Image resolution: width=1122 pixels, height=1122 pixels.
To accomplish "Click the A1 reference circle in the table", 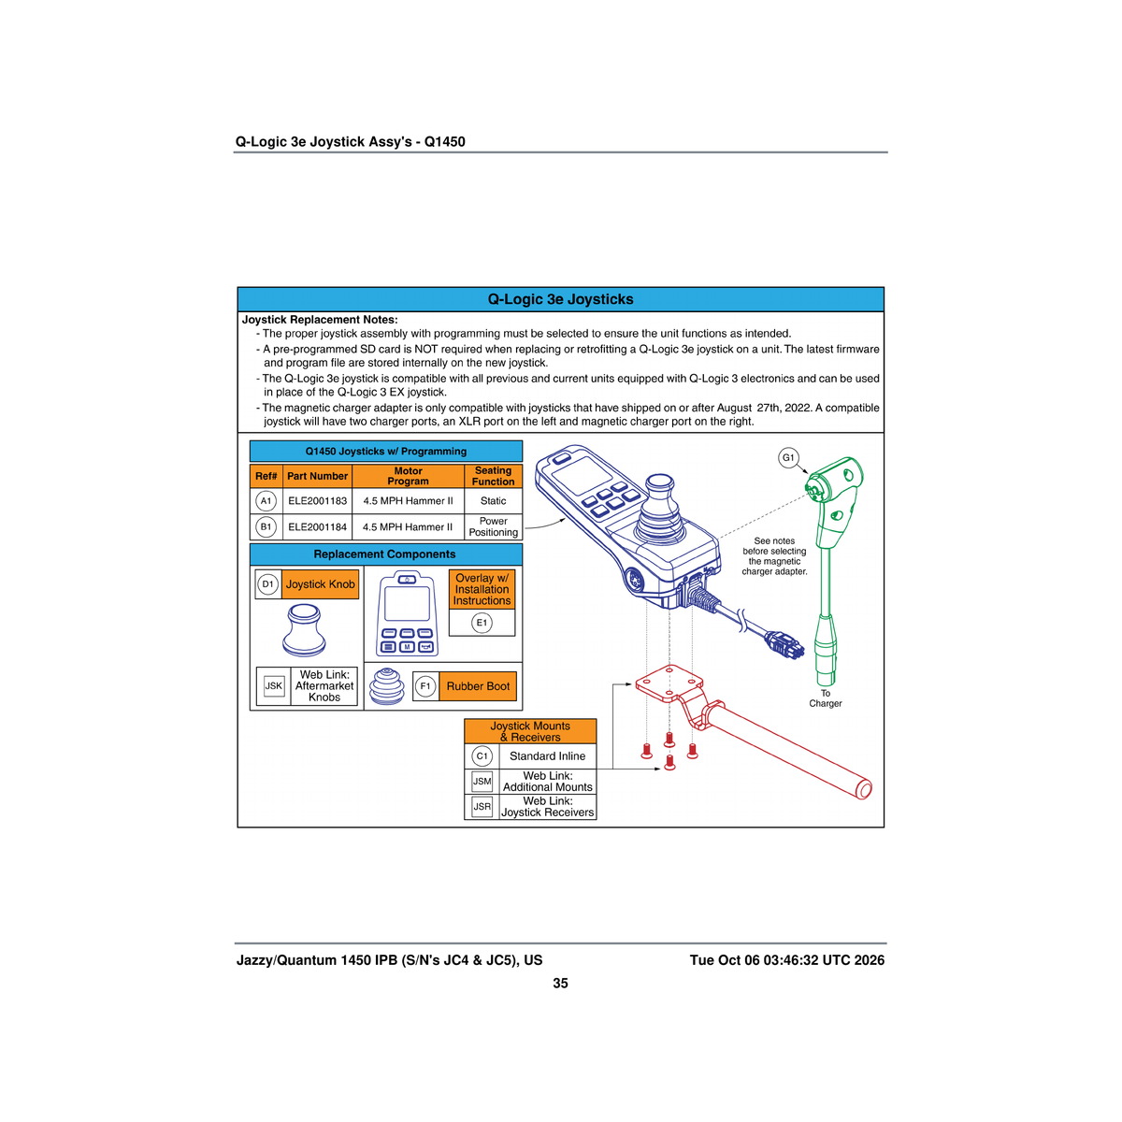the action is pyautogui.click(x=266, y=501).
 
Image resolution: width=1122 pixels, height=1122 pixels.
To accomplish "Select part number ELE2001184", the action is pyautogui.click(x=317, y=527).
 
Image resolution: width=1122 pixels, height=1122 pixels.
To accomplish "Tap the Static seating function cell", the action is pyautogui.click(x=493, y=501).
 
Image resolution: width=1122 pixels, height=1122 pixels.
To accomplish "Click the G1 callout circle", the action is pyautogui.click(x=788, y=457).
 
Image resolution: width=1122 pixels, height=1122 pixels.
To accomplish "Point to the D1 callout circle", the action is pyautogui.click(x=267, y=584).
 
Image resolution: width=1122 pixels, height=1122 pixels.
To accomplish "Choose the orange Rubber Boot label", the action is pyautogui.click(x=478, y=686).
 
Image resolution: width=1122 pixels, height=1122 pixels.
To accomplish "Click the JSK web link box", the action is pyautogui.click(x=274, y=686).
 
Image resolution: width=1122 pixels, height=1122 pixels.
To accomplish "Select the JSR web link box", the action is pyautogui.click(x=482, y=806).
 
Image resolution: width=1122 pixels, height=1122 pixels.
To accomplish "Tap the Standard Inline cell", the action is pyautogui.click(x=547, y=755).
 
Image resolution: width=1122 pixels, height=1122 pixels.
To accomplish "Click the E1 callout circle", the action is pyautogui.click(x=482, y=623).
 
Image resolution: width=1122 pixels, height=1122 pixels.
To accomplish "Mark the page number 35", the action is pyautogui.click(x=560, y=983).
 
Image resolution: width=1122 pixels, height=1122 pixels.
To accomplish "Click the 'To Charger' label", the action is pyautogui.click(x=825, y=698).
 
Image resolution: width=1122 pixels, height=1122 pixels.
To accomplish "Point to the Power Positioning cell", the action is pyautogui.click(x=493, y=527).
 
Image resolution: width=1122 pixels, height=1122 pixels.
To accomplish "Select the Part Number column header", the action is pyautogui.click(x=317, y=476).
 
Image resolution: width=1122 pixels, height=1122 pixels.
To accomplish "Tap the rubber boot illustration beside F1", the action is pyautogui.click(x=386, y=686).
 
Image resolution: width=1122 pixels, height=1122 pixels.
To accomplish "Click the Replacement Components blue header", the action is pyautogui.click(x=385, y=554).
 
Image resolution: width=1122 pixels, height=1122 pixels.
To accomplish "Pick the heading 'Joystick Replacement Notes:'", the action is pyautogui.click(x=320, y=320).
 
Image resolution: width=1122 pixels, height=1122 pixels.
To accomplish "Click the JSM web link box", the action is pyautogui.click(x=482, y=782).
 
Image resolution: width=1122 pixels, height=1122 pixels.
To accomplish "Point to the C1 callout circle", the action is pyautogui.click(x=482, y=755).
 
